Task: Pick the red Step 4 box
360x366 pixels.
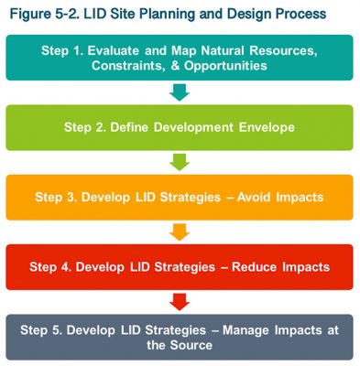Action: (x=180, y=267)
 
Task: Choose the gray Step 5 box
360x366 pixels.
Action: (x=180, y=337)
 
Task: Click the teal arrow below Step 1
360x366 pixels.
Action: (x=180, y=91)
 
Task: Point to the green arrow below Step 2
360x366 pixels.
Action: (x=180, y=162)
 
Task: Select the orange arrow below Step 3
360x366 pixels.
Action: (x=180, y=231)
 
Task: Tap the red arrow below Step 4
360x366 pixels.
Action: (x=180, y=302)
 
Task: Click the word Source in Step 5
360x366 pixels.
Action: (x=193, y=345)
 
